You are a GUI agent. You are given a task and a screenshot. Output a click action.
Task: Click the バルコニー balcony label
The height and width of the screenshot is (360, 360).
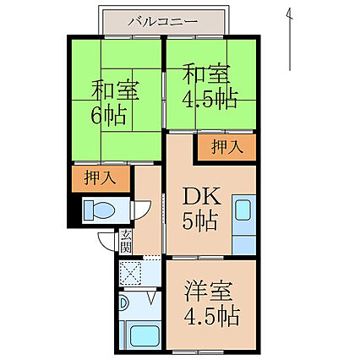pos(163,22)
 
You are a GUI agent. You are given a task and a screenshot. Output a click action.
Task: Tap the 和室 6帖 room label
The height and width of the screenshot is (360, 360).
pos(112,102)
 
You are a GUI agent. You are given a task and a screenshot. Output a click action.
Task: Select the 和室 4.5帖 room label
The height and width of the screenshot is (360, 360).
pos(209,86)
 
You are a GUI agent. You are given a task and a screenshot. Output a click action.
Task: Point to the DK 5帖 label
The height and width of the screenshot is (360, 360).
pos(201,209)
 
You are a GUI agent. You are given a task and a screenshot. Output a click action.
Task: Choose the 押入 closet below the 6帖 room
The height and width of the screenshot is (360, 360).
pos(101,179)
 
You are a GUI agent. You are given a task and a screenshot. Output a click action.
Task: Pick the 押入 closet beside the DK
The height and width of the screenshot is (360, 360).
pos(226,147)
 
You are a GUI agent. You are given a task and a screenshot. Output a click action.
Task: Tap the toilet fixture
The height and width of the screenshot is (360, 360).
pos(100,210)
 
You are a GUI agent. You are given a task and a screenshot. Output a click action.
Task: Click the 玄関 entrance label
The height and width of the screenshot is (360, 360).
pos(126,242)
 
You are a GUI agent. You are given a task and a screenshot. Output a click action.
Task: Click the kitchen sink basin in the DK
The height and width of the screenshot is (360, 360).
pos(243,210)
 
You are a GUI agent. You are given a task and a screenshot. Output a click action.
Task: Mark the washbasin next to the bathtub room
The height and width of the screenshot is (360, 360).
pos(123,303)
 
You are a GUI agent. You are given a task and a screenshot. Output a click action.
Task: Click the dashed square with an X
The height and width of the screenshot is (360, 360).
pos(130,273)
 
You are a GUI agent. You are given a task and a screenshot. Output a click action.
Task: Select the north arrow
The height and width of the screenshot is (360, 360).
pos(289,40)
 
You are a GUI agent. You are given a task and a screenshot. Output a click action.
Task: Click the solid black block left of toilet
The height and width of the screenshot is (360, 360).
pos(74,210)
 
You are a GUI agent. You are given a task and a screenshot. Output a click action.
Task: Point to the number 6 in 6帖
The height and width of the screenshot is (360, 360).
pos(95,115)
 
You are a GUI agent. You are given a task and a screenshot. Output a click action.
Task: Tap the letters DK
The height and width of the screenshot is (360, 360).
pos(201,196)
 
